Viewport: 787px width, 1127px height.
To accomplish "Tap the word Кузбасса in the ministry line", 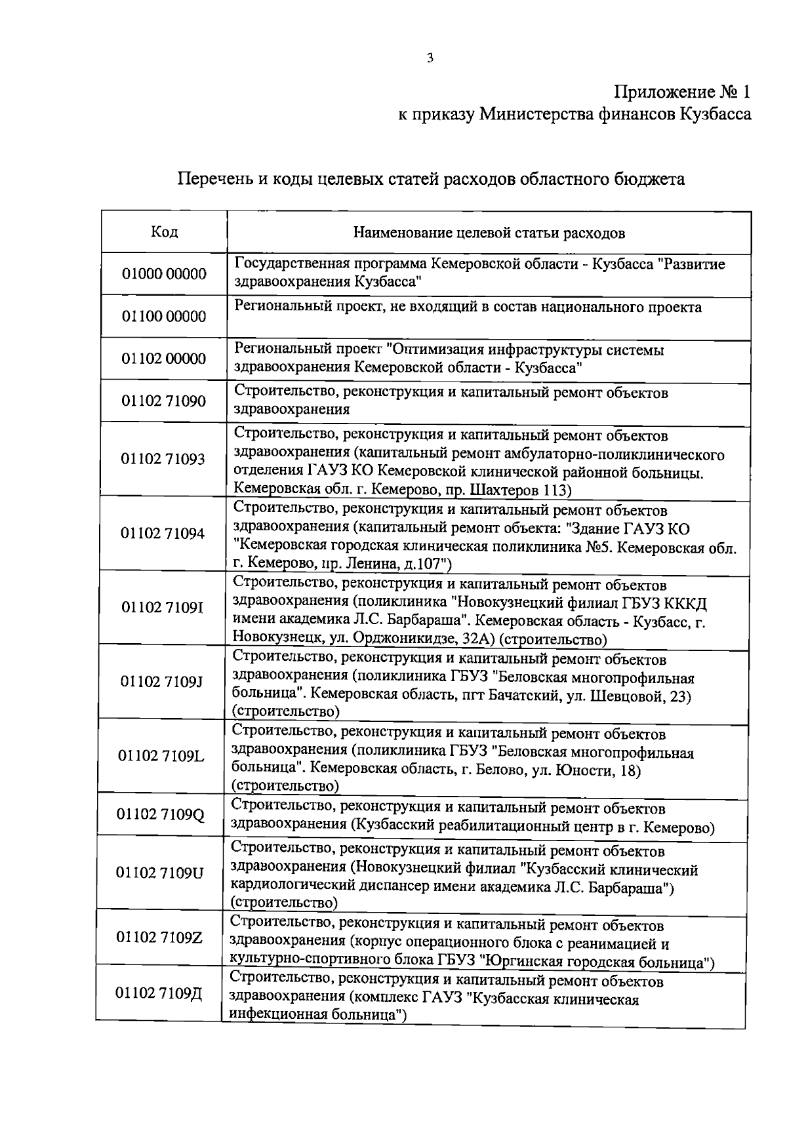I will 715,115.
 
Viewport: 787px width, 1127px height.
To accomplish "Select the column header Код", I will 164,232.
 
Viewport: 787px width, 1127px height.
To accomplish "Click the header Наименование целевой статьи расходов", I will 489,233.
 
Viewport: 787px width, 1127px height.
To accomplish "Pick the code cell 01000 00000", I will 164,274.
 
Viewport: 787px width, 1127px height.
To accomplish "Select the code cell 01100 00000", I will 164,317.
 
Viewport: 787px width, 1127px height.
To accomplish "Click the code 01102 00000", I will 164,359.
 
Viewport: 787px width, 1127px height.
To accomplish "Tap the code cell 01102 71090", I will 163,401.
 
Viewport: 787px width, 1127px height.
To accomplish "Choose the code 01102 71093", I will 163,459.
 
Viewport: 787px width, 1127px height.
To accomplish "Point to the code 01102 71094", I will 163,533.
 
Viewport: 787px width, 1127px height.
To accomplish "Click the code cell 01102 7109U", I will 160,873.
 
